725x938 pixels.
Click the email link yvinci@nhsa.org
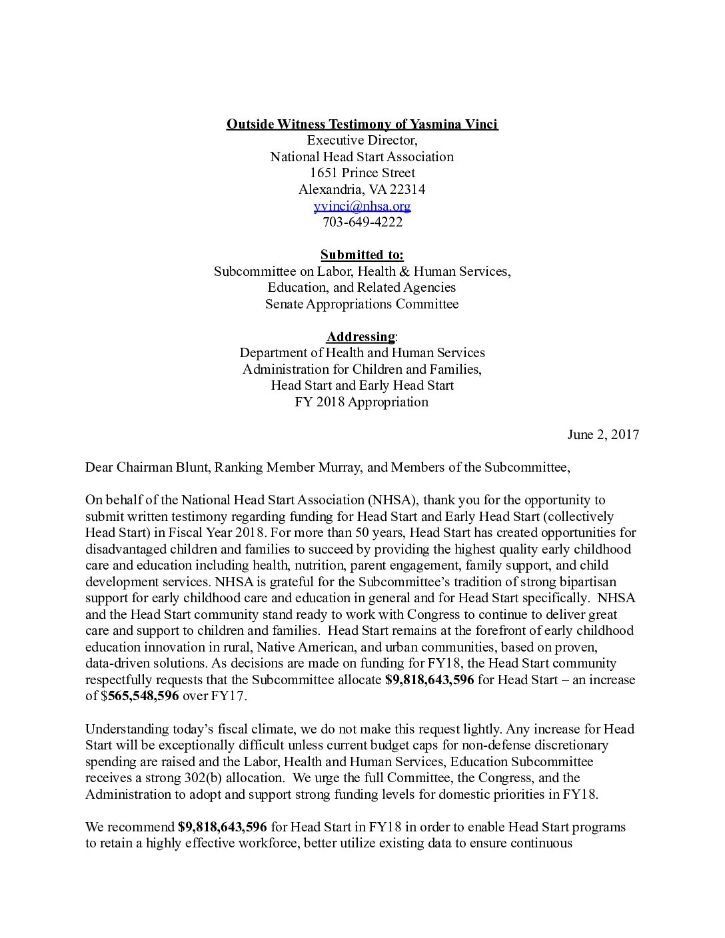pos(362,206)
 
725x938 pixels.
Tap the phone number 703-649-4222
pos(362,223)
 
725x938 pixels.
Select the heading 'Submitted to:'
pos(362,255)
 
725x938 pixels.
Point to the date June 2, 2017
pos(603,434)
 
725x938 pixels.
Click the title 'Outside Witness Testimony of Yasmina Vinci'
pos(362,124)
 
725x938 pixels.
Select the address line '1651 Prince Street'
pos(362,173)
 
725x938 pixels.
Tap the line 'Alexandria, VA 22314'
pos(362,190)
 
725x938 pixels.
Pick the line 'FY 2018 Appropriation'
pos(362,402)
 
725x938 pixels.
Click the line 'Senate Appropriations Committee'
pos(362,304)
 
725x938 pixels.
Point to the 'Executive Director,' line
pos(362,141)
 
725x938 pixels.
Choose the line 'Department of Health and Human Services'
pos(362,352)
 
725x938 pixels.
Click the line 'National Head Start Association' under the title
pos(362,157)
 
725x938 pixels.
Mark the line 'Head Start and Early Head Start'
pos(362,385)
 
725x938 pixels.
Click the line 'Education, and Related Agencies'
pos(362,288)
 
